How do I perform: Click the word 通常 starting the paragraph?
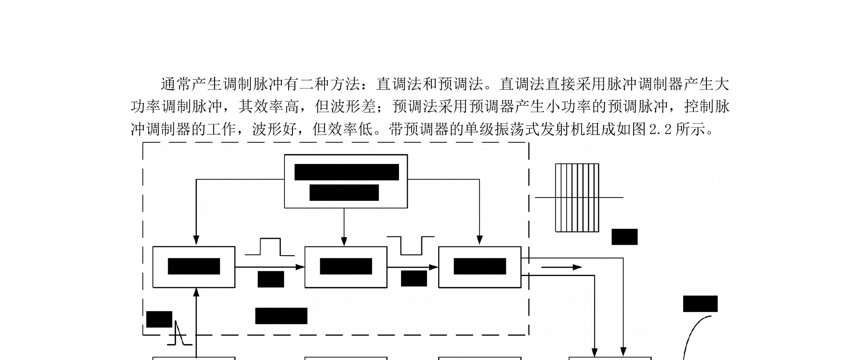(x=176, y=84)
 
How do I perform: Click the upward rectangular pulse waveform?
(x=270, y=247)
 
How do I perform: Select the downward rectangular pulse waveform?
(x=411, y=245)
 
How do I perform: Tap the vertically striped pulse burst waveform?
(x=577, y=198)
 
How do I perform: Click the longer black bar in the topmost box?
(x=347, y=172)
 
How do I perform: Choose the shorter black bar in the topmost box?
(x=344, y=192)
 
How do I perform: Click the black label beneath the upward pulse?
(x=271, y=279)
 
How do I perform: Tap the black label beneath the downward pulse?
(x=414, y=278)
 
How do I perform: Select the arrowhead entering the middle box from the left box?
(x=300, y=267)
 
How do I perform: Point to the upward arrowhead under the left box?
(x=196, y=292)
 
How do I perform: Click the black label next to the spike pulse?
(x=159, y=319)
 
